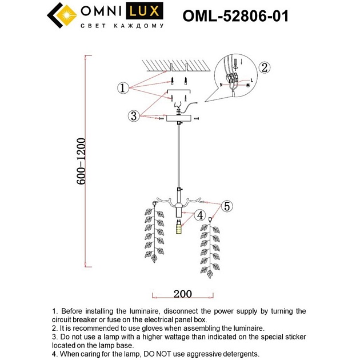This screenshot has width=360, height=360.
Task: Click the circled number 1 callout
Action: click(122, 88)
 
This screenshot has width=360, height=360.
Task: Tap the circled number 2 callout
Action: click(263, 67)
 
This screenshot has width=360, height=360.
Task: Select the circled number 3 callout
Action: click(133, 116)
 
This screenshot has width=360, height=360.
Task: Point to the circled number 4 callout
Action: click(199, 215)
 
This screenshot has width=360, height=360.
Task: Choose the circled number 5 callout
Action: click(227, 206)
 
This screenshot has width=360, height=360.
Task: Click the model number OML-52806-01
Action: click(235, 17)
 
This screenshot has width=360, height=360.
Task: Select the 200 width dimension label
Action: click(182, 294)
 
